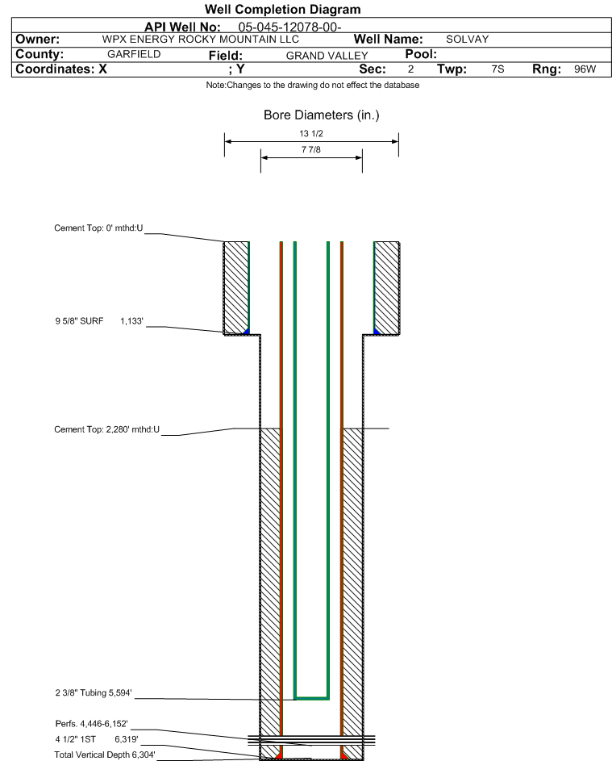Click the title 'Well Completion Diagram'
click(x=282, y=10)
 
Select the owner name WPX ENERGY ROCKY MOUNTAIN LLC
click(x=201, y=40)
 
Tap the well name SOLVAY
click(x=468, y=40)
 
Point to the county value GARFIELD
click(x=134, y=54)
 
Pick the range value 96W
click(x=585, y=69)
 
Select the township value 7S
click(x=498, y=69)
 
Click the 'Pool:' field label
click(x=421, y=53)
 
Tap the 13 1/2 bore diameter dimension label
click(x=311, y=133)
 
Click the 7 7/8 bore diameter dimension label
click(x=311, y=150)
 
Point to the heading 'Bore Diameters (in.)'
click(x=321, y=115)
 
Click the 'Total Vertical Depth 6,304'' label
click(x=105, y=755)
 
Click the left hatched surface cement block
click(x=235, y=286)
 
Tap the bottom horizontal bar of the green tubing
click(x=311, y=696)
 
